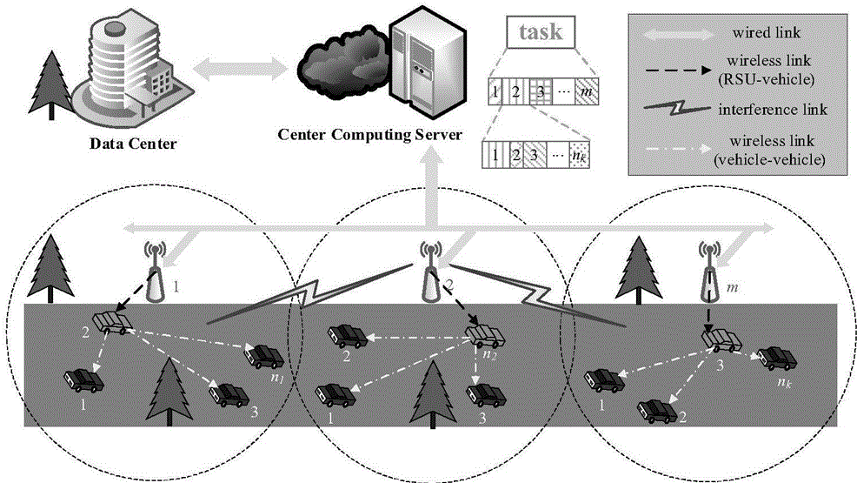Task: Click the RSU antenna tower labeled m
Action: [709, 271]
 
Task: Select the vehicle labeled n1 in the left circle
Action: [265, 355]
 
